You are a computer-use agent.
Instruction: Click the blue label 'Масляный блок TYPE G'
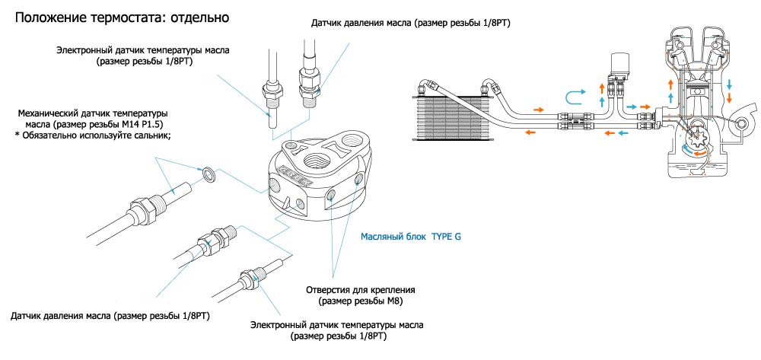click(x=410, y=236)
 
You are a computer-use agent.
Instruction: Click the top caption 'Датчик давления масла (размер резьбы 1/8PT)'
click(x=410, y=24)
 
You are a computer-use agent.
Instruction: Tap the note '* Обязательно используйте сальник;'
click(x=92, y=135)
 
